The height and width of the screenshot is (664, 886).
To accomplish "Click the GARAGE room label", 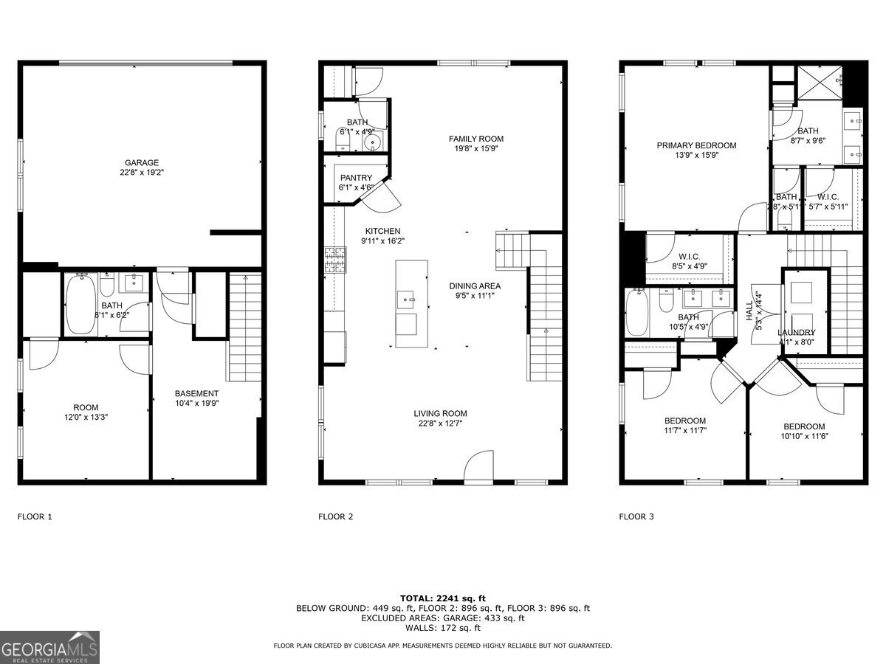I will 141,168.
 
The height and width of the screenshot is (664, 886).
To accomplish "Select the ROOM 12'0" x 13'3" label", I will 86,412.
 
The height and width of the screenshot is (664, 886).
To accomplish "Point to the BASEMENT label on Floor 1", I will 196,398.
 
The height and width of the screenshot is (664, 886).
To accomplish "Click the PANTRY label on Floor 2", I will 355,183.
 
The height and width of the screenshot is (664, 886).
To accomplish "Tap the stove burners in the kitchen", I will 334,260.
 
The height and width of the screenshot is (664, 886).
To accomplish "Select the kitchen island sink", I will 405,300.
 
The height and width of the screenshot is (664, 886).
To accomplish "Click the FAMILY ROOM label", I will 476,144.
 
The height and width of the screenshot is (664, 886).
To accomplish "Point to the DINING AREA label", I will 475,291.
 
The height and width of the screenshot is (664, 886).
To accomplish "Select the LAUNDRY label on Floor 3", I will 796,337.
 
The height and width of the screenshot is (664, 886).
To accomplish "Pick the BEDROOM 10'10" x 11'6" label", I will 804,432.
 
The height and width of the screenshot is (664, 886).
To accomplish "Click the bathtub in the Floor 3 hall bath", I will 638,311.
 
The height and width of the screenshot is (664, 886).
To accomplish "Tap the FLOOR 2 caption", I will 335,516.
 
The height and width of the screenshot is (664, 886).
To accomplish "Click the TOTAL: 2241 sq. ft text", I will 442,598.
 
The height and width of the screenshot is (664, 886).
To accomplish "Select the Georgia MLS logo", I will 49,647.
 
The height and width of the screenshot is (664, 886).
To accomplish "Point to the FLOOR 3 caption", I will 636,516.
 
